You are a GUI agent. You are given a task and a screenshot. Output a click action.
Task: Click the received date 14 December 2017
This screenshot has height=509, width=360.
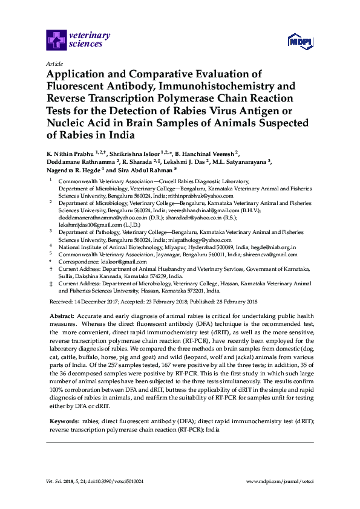(96, 301)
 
